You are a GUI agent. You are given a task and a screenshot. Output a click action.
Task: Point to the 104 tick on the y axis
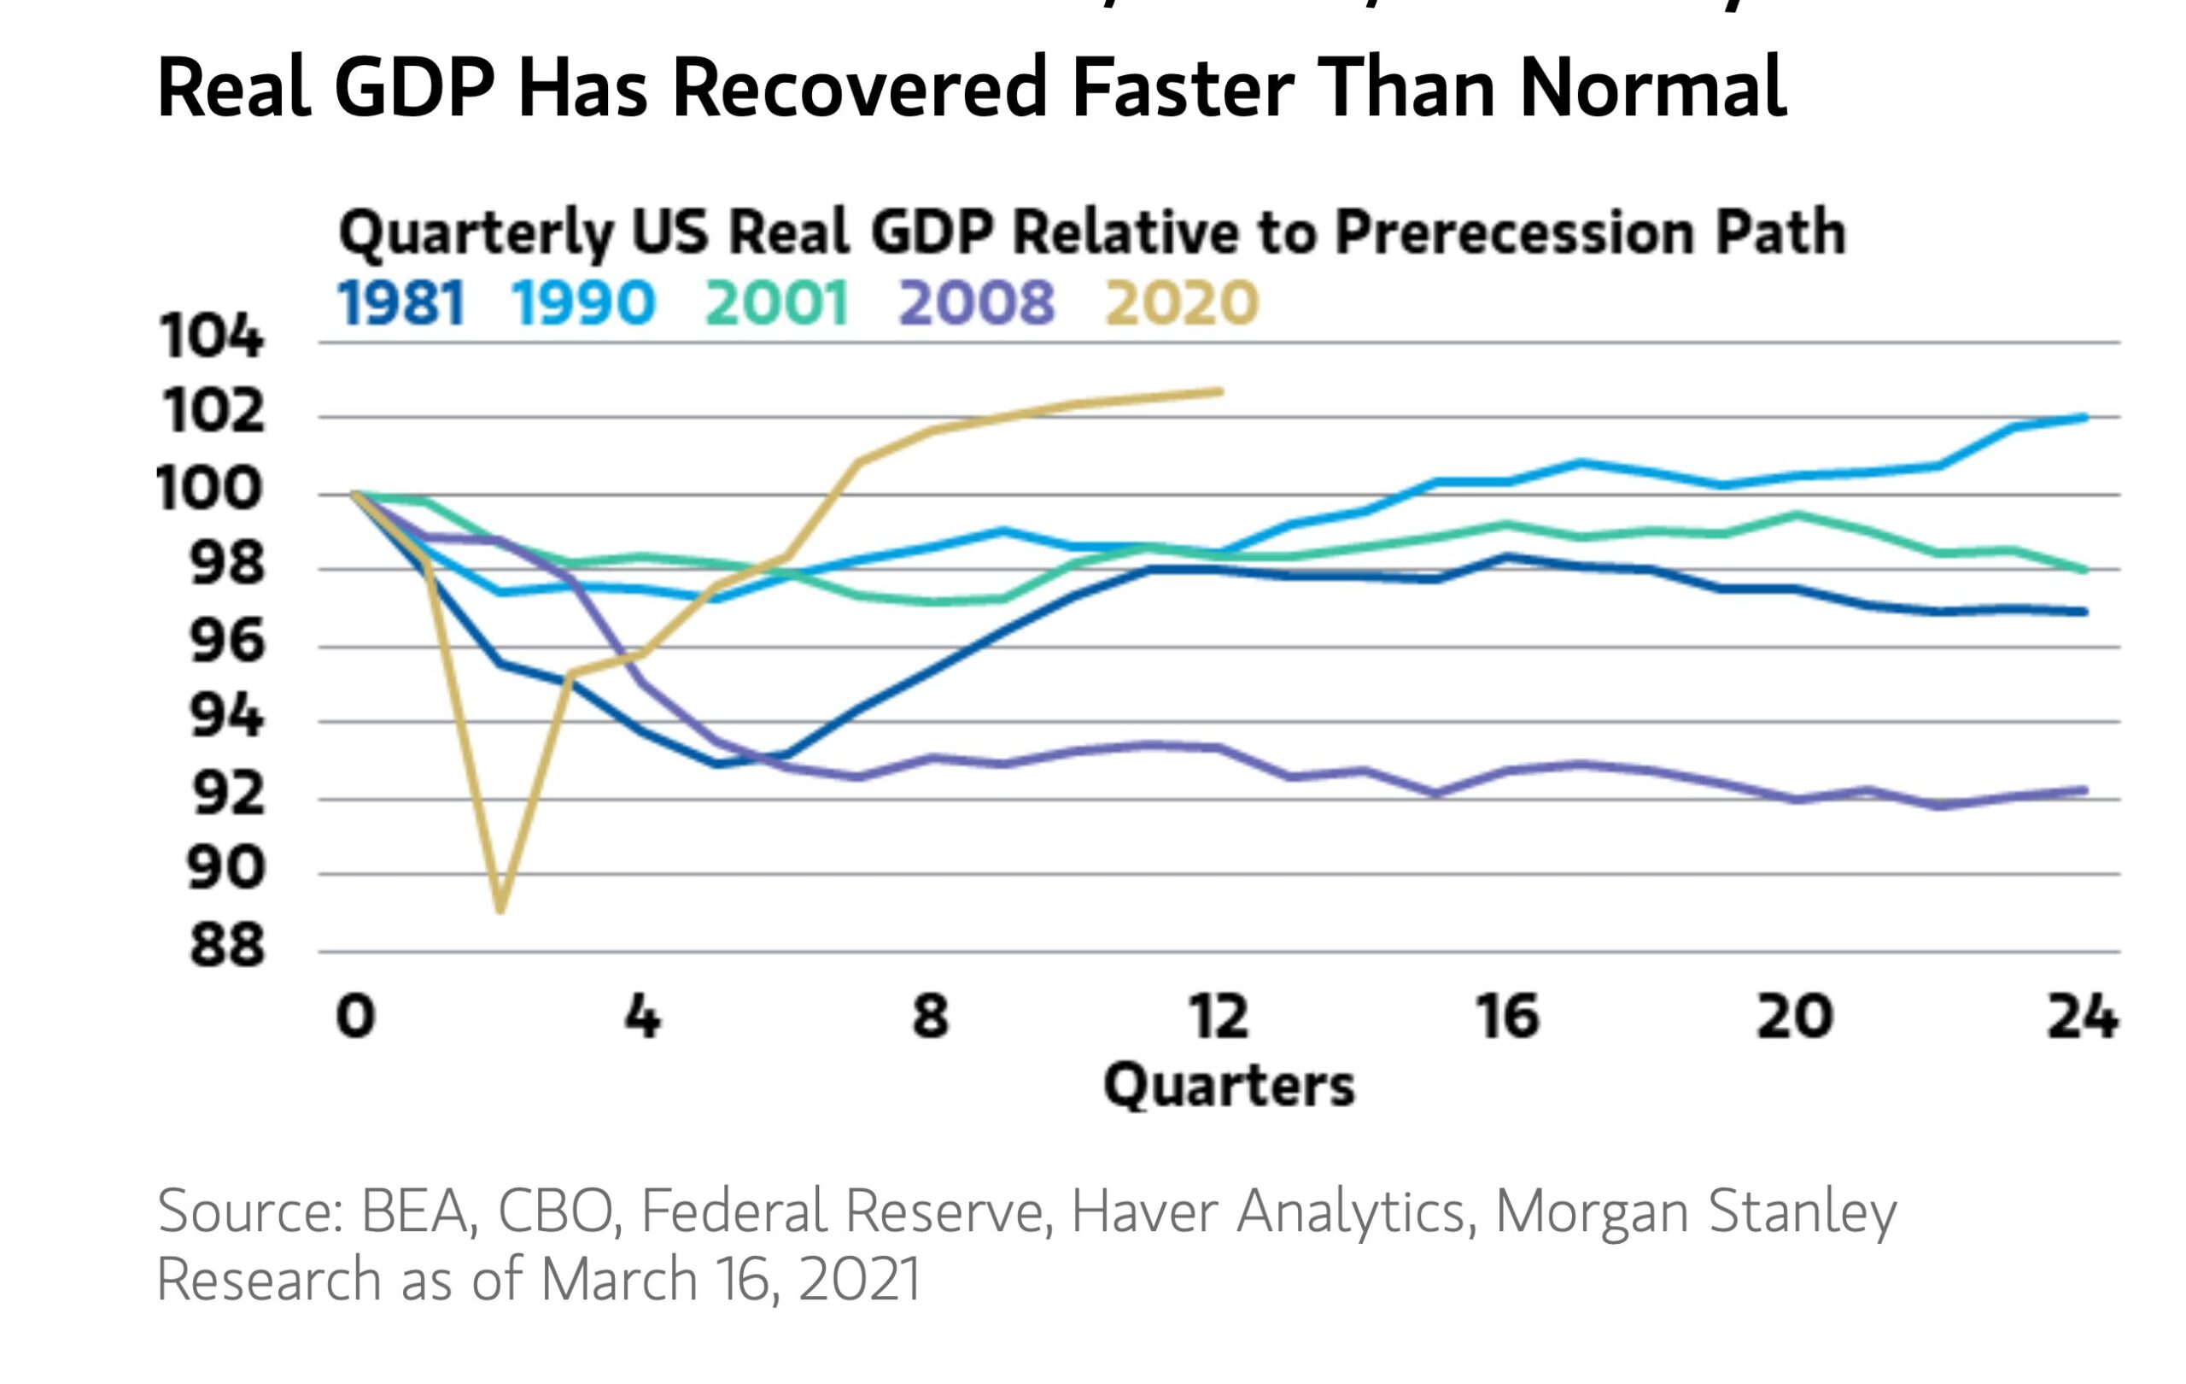click(x=212, y=337)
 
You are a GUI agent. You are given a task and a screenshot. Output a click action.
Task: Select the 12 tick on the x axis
click(x=1219, y=1016)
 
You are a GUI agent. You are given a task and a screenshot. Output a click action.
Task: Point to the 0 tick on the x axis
click(x=355, y=1016)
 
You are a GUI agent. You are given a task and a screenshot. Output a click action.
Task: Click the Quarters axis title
click(x=1229, y=1085)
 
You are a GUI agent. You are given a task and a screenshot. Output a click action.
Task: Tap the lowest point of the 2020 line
click(x=500, y=909)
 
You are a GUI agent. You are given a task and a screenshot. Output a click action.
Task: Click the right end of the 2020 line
click(x=1220, y=391)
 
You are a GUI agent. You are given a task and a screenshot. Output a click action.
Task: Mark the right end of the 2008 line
click(x=2084, y=790)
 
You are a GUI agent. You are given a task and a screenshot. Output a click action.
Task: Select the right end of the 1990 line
click(x=2084, y=418)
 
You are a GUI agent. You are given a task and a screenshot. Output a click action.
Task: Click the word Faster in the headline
click(x=1182, y=88)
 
